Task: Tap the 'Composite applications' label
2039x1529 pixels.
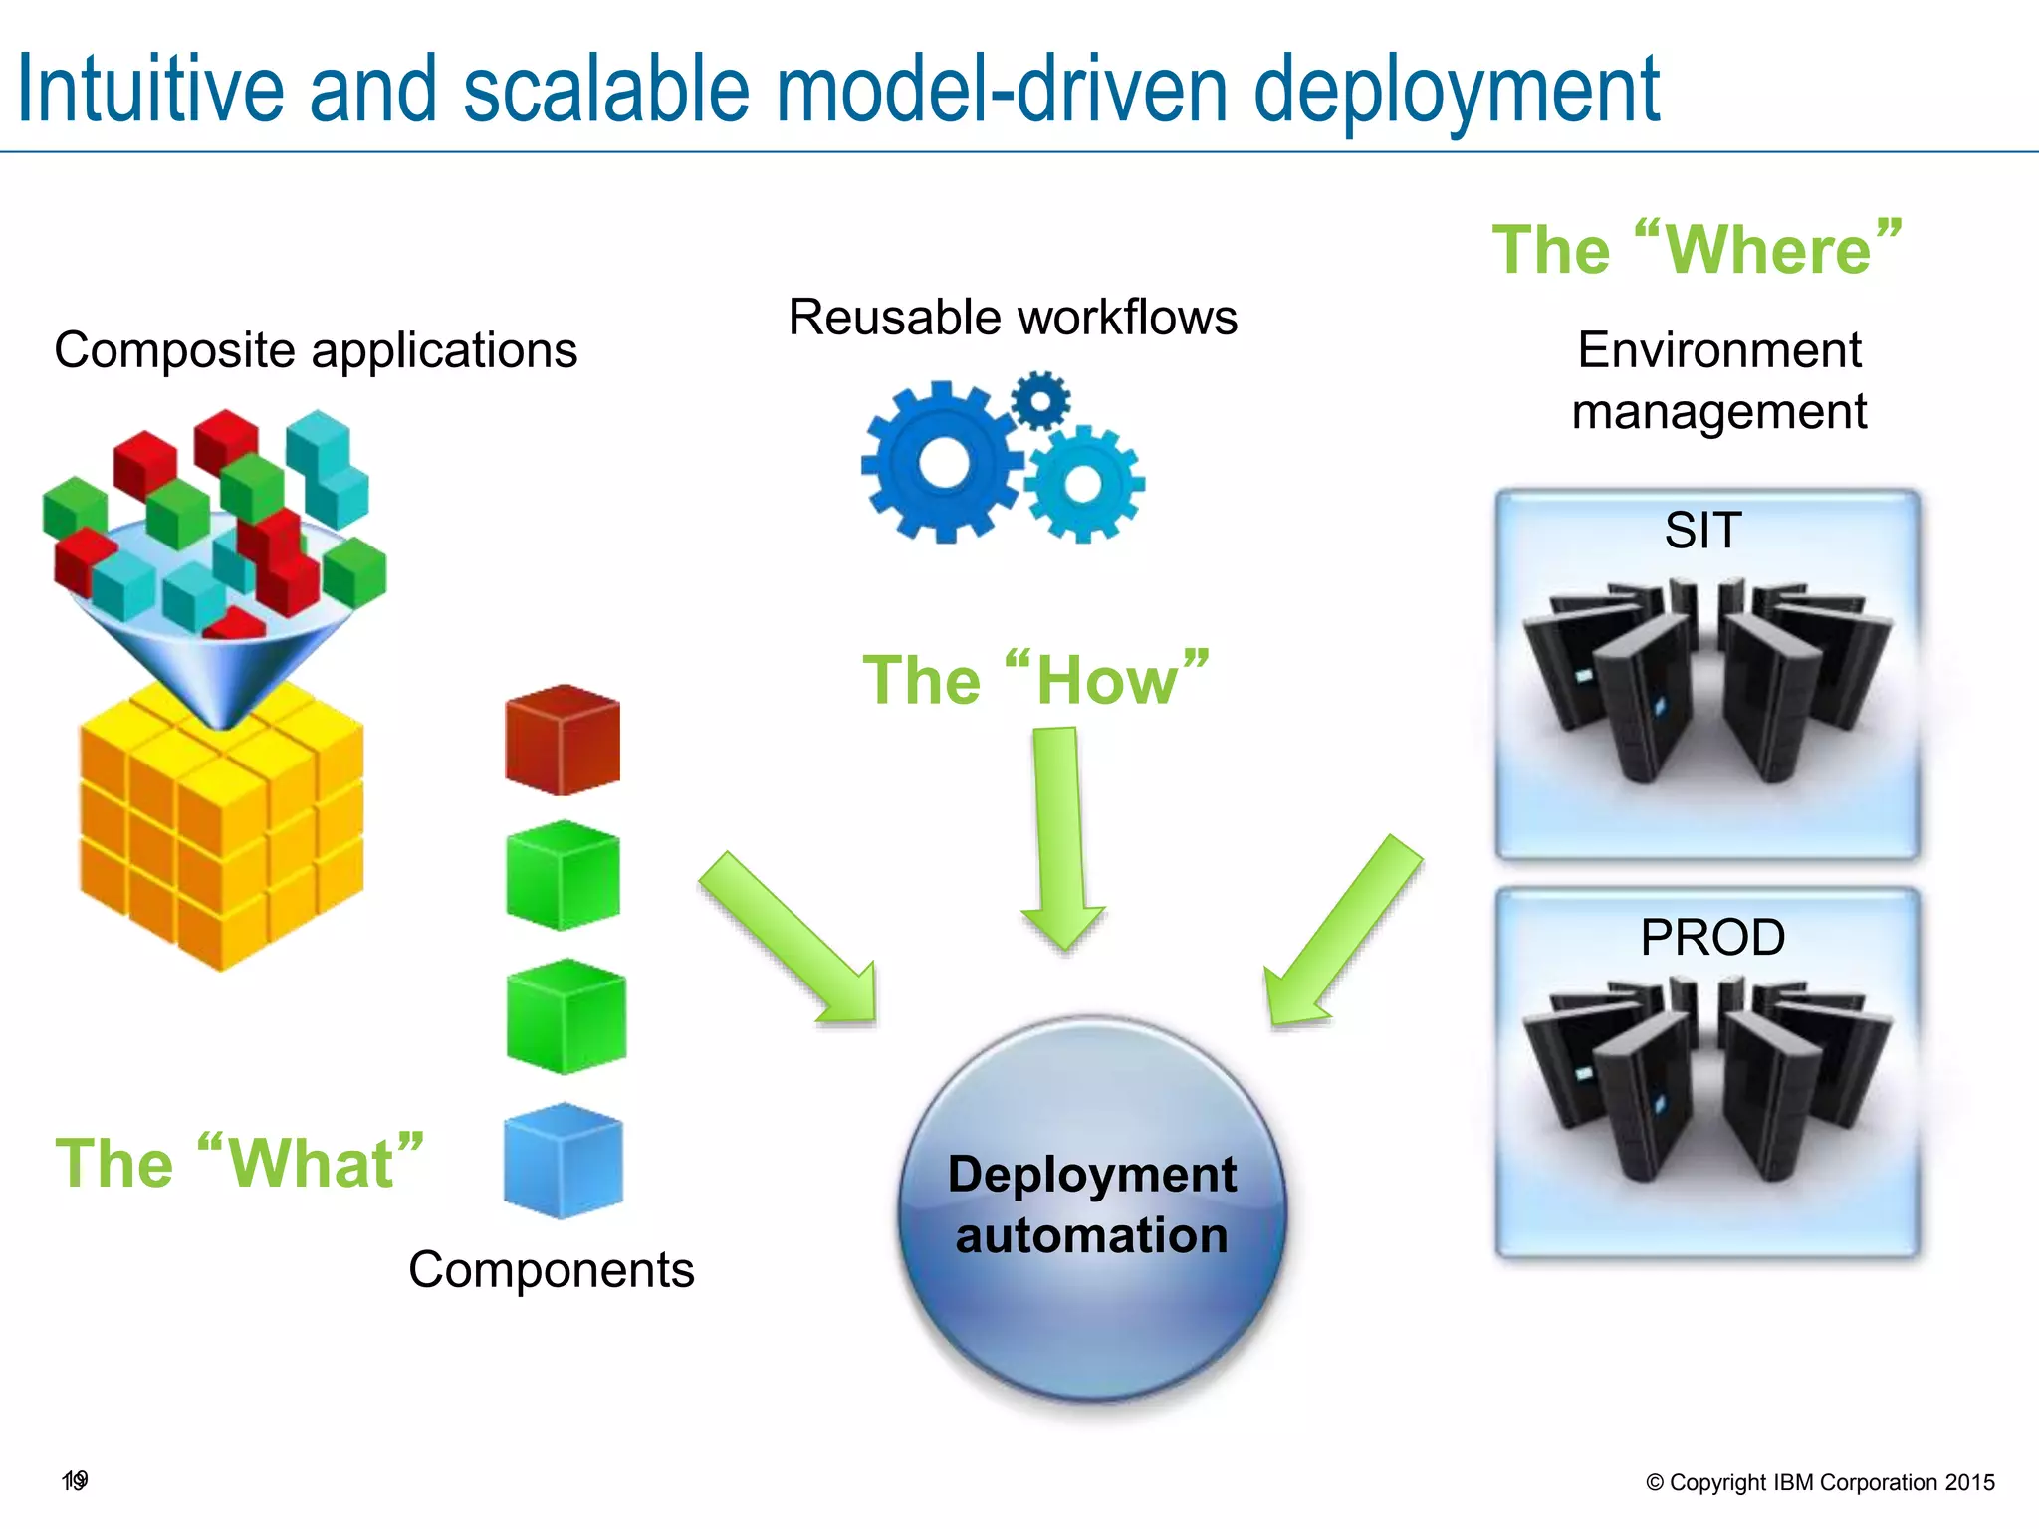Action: click(316, 350)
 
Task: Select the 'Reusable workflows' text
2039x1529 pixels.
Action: click(1013, 318)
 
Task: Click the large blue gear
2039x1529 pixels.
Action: click(942, 463)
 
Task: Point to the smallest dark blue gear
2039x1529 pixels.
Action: click(1040, 401)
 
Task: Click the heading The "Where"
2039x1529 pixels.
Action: click(1697, 248)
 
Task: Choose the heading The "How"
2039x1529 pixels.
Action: click(1035, 680)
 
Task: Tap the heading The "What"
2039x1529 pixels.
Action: click(239, 1162)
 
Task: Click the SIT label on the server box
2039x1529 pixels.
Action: click(1702, 530)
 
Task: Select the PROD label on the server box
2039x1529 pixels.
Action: click(1712, 937)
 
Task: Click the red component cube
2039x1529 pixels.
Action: click(563, 741)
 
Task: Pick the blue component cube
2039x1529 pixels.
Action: click(564, 1161)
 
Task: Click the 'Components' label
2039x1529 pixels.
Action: click(551, 1270)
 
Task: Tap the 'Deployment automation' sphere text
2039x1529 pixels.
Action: click(1092, 1204)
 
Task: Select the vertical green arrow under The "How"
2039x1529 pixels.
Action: click(1061, 836)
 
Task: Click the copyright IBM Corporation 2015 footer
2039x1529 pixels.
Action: click(1820, 1482)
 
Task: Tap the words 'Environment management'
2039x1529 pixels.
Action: click(1718, 380)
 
